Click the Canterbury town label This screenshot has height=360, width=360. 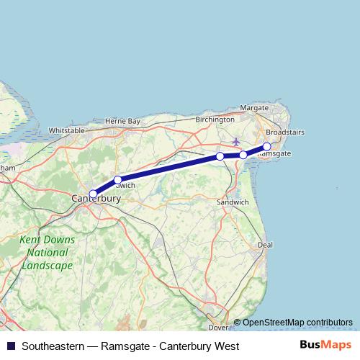coord(95,198)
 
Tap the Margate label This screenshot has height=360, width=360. coord(253,107)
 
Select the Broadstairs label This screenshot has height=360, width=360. coord(284,132)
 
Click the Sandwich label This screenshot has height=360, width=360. coord(233,203)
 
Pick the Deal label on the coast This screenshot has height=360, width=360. coord(266,245)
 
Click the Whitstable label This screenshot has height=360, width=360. coord(66,130)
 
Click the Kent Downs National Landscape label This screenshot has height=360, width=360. coord(46,253)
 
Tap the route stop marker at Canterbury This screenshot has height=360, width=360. coord(93,193)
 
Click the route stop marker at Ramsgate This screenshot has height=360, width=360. coord(266,146)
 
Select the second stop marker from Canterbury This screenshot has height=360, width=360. coord(117,179)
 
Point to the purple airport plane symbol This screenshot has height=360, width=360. coord(235,140)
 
